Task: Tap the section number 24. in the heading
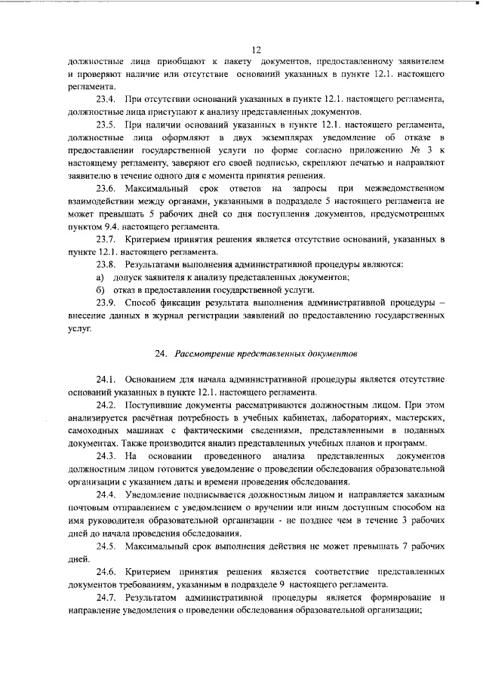click(x=161, y=353)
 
